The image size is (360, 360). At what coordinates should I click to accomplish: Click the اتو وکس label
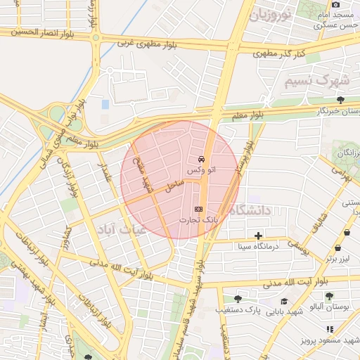(202, 170)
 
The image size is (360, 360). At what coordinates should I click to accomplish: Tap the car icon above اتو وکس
(202, 159)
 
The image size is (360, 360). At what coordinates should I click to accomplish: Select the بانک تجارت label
(198, 220)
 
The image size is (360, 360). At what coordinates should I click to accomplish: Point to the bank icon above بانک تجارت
(198, 209)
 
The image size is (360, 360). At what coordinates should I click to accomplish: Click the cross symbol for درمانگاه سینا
(259, 236)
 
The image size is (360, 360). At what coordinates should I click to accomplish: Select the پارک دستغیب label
(266, 310)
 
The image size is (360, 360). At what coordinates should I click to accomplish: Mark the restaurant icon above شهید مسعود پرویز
(330, 328)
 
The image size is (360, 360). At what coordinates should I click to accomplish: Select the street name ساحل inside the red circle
(174, 186)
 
